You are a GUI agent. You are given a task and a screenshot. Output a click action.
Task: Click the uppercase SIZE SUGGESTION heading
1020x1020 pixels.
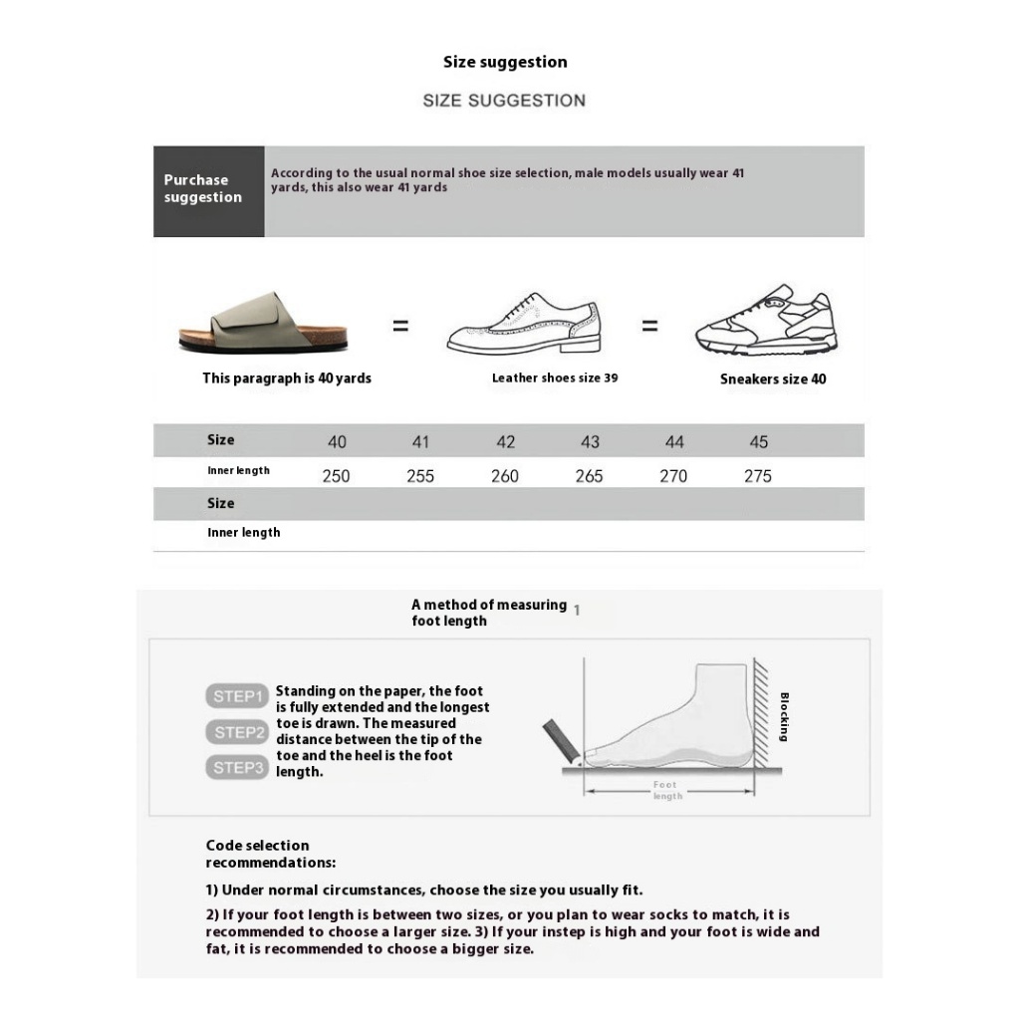pyautogui.click(x=504, y=101)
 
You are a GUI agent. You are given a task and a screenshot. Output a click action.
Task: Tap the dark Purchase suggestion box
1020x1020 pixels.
pyautogui.click(x=208, y=190)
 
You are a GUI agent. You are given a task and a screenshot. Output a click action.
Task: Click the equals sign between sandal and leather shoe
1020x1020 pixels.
pyautogui.click(x=400, y=326)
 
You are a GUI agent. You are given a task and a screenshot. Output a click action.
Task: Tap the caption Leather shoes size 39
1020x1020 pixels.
pyautogui.click(x=554, y=379)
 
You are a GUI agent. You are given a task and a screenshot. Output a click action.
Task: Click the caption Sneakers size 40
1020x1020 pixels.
pyautogui.click(x=773, y=380)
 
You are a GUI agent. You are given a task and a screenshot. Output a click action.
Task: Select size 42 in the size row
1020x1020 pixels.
pyautogui.click(x=505, y=442)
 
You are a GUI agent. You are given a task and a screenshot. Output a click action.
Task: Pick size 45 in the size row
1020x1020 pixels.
pyautogui.click(x=758, y=442)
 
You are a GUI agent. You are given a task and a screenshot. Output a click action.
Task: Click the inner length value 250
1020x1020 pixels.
pyautogui.click(x=336, y=476)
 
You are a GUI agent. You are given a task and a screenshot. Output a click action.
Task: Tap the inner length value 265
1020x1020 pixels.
pyautogui.click(x=589, y=476)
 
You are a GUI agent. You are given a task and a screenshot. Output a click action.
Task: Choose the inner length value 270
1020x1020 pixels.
pyautogui.click(x=673, y=476)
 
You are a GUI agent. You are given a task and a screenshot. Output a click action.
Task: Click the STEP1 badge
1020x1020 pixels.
pyautogui.click(x=237, y=696)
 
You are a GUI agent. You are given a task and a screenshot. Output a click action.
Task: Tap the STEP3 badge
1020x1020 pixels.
pyautogui.click(x=237, y=768)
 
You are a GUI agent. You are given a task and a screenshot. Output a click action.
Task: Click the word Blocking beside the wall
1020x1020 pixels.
pyautogui.click(x=784, y=717)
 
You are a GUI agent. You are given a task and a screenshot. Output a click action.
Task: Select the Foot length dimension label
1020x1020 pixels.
pyautogui.click(x=666, y=791)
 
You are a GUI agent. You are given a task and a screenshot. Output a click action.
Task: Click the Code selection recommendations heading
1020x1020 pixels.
pyautogui.click(x=271, y=854)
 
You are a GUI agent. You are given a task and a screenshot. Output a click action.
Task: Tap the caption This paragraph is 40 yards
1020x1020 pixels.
pyautogui.click(x=287, y=379)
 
